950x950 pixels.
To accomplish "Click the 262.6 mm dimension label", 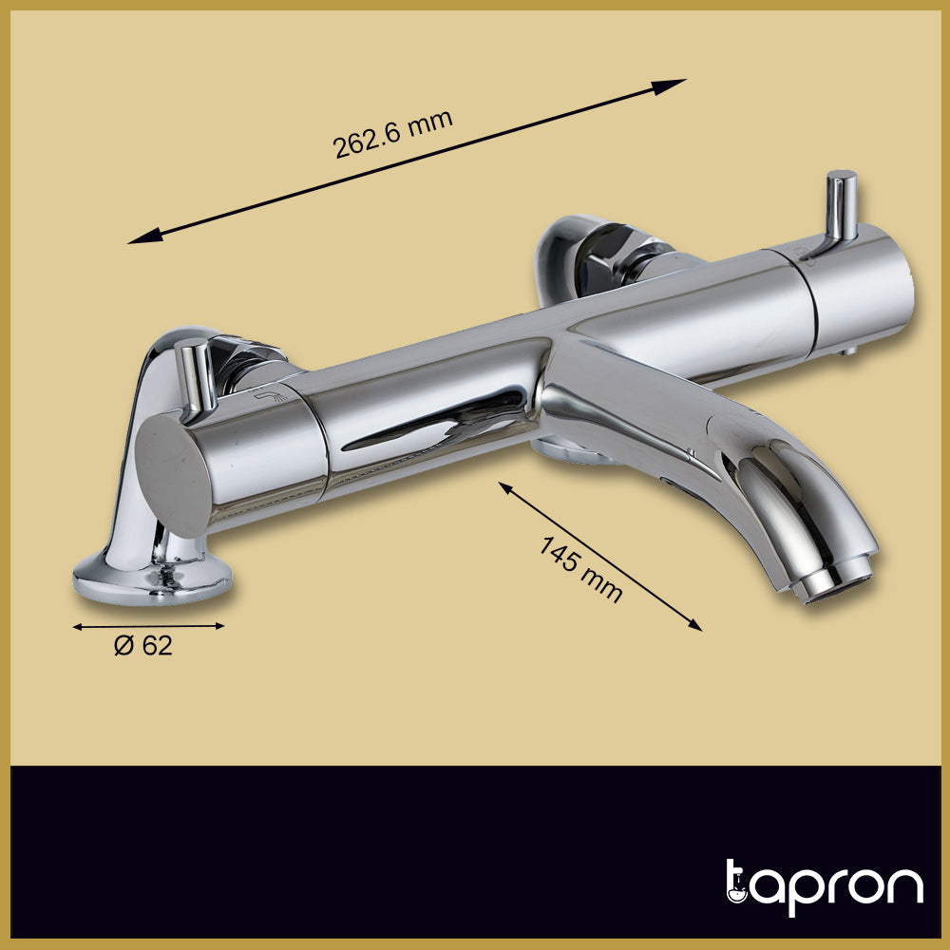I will (392, 135).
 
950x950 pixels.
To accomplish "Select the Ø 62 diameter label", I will (143, 646).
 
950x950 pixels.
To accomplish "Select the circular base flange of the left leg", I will (152, 579).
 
